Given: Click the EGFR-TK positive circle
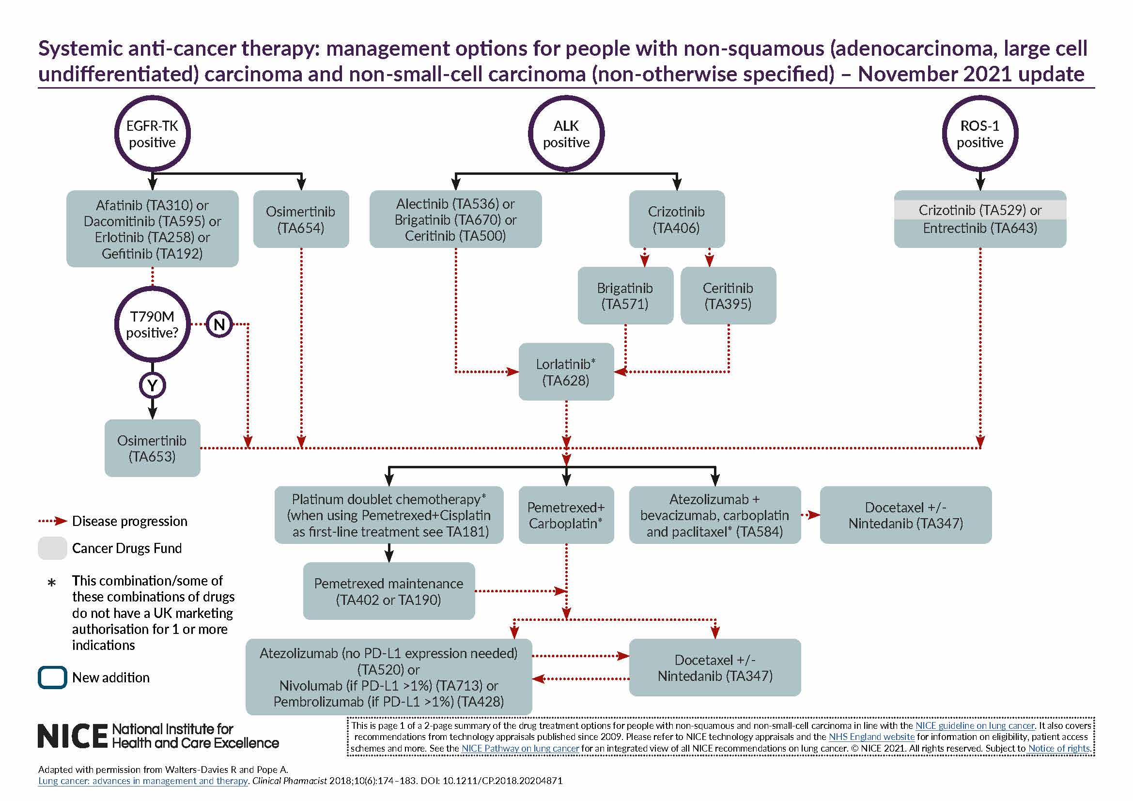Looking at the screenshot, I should click(x=152, y=134).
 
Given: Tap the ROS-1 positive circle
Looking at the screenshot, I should click(x=980, y=134).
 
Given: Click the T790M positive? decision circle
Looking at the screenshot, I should click(x=152, y=324).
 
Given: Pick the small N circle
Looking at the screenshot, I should click(x=219, y=324).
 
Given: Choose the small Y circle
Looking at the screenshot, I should click(x=152, y=385).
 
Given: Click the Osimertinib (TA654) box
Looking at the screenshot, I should click(x=300, y=219).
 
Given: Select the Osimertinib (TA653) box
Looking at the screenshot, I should click(x=152, y=448).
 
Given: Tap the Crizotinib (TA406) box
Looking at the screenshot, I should click(x=677, y=219).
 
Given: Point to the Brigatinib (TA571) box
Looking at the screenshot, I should click(x=625, y=295).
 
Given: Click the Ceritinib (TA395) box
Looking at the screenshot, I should click(x=728, y=295).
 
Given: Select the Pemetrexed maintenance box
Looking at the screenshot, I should click(x=389, y=591).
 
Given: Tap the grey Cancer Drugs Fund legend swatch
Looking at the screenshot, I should click(x=52, y=548).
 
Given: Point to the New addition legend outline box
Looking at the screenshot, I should click(x=52, y=677).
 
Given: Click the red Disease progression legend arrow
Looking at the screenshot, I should click(x=52, y=521).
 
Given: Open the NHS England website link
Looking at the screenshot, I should click(x=871, y=737).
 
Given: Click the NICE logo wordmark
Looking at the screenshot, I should click(x=73, y=736).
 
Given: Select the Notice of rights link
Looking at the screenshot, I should click(x=1058, y=748).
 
